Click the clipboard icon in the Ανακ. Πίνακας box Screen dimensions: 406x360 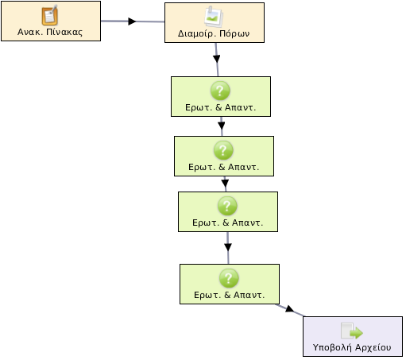click(x=50, y=15)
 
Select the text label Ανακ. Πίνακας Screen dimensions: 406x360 click(x=50, y=32)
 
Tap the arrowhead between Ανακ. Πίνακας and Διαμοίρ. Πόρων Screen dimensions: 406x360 click(x=132, y=21)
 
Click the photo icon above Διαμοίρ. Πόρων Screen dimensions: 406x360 click(x=214, y=17)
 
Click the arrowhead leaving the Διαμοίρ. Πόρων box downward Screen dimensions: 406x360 click(x=217, y=59)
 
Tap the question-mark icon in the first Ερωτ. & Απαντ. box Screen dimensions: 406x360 click(x=220, y=91)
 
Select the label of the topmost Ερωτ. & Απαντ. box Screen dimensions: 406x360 click(x=221, y=107)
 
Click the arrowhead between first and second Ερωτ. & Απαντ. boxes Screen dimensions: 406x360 click(x=222, y=126)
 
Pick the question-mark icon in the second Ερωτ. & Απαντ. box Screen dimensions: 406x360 click(x=223, y=150)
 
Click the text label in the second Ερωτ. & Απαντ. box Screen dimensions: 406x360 click(x=224, y=167)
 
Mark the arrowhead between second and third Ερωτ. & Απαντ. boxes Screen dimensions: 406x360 click(x=225, y=184)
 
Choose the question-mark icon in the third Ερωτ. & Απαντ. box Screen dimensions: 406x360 click(x=227, y=206)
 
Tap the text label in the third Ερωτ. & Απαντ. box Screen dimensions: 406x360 click(x=228, y=223)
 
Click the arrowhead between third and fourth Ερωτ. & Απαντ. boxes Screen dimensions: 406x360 click(x=228, y=247)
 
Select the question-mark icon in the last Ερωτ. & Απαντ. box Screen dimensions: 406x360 click(x=229, y=278)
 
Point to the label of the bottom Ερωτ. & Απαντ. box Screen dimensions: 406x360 click(x=230, y=295)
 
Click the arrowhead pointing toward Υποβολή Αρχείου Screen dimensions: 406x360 click(x=289, y=309)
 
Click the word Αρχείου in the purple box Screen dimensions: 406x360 click(x=373, y=347)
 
